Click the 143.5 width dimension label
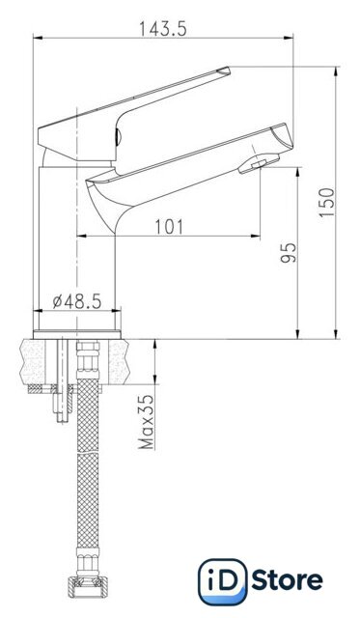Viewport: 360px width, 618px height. coord(163,28)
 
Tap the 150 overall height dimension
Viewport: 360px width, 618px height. coord(326,202)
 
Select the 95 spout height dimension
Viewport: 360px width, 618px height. coord(289,253)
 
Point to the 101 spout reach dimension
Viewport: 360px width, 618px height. coord(169,227)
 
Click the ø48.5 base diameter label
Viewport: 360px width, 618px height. coord(77,301)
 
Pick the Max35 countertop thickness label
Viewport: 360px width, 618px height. coord(147,422)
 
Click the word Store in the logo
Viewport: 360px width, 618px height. coord(288,580)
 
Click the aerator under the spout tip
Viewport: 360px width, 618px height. coord(259,163)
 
